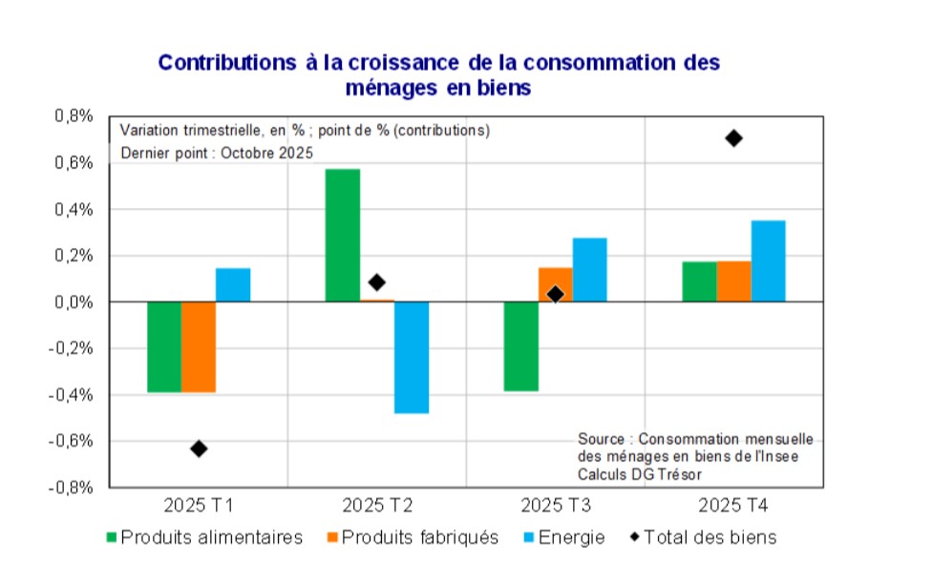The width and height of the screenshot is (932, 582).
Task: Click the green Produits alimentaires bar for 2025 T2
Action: coord(342,235)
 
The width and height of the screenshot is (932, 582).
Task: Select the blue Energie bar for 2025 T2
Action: coord(412,358)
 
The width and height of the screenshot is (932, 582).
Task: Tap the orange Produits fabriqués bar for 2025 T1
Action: coord(199,347)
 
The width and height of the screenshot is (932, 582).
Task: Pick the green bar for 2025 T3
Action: coord(521,346)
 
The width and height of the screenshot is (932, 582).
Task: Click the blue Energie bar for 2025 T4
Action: coord(768,261)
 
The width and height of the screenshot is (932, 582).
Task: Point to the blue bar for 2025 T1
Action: coord(233,285)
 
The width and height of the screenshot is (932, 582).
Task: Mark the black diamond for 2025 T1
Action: coord(199,448)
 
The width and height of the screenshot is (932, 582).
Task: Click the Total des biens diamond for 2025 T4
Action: coord(733,138)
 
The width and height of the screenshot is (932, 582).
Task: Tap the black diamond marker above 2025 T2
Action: coord(376,282)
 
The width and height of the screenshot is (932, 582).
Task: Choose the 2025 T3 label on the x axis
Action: coord(555,504)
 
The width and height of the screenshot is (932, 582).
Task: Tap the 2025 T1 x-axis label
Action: coord(199,504)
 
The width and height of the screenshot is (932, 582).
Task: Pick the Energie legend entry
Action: coord(572,537)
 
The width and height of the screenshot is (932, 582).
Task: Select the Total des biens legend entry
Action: coord(710,537)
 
